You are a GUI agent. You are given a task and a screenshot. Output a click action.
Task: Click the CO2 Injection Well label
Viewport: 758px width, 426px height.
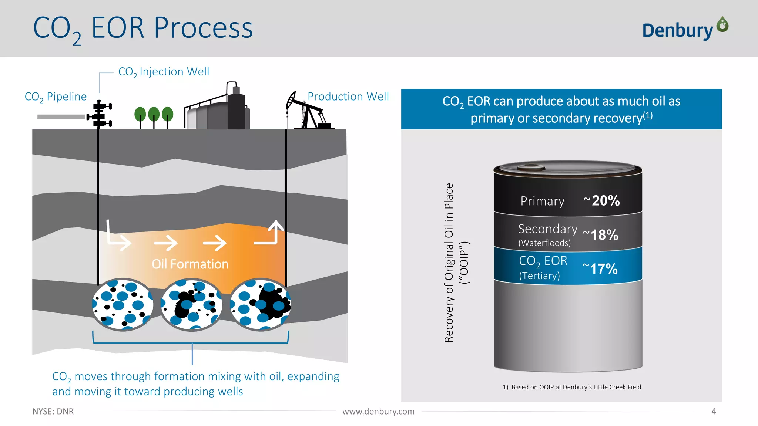tap(164, 72)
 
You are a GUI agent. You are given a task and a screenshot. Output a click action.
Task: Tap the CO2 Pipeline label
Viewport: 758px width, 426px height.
tap(56, 97)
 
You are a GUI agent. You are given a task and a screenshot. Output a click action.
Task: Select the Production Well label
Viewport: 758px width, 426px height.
tap(348, 97)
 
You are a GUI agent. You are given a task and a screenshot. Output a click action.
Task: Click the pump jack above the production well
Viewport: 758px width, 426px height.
tap(307, 111)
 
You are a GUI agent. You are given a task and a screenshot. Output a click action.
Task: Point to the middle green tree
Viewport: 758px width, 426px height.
tap(154, 115)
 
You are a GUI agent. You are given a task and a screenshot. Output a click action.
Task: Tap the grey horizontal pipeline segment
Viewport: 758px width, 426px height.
tap(61, 117)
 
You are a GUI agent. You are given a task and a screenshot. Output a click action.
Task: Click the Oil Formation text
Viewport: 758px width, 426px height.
tap(190, 264)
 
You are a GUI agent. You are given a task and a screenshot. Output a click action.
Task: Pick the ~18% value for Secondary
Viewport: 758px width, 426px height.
tap(600, 235)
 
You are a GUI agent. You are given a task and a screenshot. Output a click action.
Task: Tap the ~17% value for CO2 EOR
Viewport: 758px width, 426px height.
tap(600, 269)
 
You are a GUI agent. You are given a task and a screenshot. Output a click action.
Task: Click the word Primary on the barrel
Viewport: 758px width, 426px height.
tap(542, 201)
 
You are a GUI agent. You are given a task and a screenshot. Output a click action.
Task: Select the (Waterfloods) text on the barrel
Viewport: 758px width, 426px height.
tap(544, 243)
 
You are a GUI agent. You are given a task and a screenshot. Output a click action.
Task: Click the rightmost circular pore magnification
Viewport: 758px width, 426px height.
tap(260, 304)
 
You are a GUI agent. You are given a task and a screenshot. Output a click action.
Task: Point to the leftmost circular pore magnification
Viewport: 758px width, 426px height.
tap(123, 304)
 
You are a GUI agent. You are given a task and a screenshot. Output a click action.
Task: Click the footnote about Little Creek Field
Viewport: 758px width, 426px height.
tap(571, 387)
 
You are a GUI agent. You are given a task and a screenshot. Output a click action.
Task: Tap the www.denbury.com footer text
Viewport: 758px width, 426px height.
tap(378, 412)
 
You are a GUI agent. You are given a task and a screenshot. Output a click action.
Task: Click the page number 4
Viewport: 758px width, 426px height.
tap(714, 412)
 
